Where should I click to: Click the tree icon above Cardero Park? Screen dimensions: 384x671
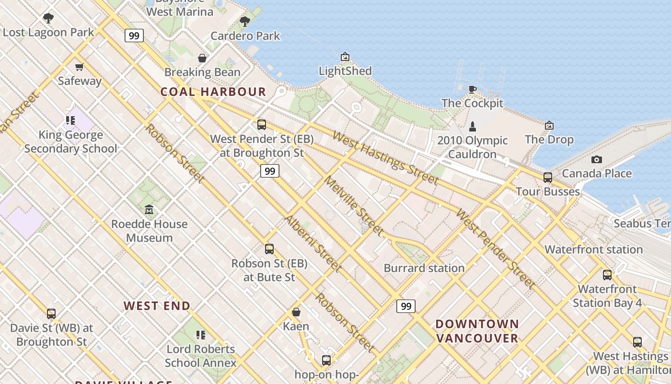click(x=245, y=22)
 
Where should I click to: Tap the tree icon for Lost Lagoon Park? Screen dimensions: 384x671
click(x=48, y=19)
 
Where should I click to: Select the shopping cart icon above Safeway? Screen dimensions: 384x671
click(x=80, y=67)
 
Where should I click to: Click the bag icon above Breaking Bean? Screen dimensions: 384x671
click(x=202, y=58)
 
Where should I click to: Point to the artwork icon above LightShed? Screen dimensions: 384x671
click(x=345, y=57)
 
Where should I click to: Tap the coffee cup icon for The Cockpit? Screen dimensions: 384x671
click(x=472, y=89)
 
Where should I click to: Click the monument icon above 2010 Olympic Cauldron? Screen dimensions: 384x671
click(x=473, y=127)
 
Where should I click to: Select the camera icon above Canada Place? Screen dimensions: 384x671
click(x=597, y=159)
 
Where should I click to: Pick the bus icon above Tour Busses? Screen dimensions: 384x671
click(x=548, y=178)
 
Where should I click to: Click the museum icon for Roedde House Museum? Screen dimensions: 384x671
click(x=149, y=210)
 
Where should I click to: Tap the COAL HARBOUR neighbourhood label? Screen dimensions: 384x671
click(x=213, y=92)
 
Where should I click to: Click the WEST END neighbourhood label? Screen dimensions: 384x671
click(x=157, y=306)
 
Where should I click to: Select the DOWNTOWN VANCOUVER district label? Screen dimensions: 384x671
click(x=477, y=331)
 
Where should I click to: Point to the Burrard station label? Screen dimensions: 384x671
click(x=424, y=268)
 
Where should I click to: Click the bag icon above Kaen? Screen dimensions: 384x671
click(x=296, y=312)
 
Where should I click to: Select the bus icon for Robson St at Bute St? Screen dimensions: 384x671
click(x=269, y=249)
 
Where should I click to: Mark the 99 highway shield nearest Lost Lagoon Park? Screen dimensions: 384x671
click(x=134, y=35)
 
